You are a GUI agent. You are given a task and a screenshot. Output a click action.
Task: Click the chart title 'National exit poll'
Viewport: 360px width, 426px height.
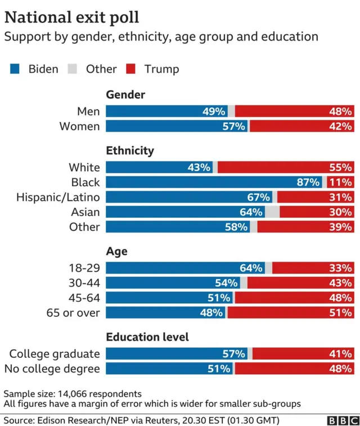click(72, 17)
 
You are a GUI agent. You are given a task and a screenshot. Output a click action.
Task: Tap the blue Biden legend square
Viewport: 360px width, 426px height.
click(15, 69)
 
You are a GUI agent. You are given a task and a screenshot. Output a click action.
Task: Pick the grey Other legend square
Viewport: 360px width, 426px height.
click(72, 69)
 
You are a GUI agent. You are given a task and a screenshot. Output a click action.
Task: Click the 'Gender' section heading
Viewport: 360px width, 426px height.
click(125, 95)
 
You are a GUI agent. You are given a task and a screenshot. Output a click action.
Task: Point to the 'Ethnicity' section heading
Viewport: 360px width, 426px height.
click(130, 150)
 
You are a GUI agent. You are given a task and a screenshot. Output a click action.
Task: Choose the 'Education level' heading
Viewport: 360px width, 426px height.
click(147, 337)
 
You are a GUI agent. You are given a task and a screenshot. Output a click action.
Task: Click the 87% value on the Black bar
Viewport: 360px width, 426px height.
click(308, 182)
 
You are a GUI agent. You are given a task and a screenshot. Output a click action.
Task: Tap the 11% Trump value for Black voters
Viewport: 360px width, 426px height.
click(341, 182)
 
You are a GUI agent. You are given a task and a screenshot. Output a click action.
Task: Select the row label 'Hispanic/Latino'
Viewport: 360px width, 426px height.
click(58, 197)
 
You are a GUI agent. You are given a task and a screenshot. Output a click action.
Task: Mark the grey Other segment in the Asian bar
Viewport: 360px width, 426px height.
click(272, 212)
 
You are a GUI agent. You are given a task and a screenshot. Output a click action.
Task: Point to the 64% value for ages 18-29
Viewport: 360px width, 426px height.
click(251, 268)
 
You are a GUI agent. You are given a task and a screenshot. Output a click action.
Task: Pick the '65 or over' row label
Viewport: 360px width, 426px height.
click(73, 312)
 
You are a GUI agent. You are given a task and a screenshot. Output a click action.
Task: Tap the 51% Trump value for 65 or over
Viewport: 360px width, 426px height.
click(341, 312)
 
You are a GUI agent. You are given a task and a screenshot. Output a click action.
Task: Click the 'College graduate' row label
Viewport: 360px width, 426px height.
click(55, 354)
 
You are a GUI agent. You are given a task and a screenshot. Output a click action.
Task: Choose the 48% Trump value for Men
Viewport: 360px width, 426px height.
click(341, 111)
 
